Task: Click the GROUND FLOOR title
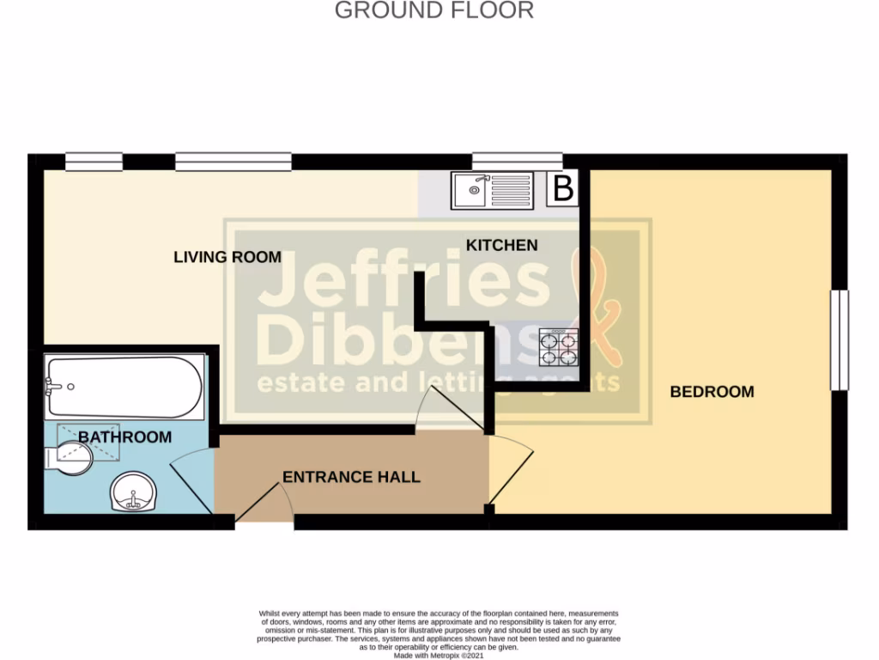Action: click(x=433, y=10)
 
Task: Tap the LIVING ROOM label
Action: click(x=227, y=257)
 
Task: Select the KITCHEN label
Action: click(x=501, y=246)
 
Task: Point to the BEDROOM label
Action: click(x=712, y=392)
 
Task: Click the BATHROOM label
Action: click(x=124, y=437)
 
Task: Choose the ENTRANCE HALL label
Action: click(x=351, y=477)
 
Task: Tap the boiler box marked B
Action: click(x=562, y=188)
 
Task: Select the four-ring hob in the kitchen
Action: click(x=558, y=348)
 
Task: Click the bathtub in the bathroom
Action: click(x=124, y=388)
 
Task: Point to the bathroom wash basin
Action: click(x=133, y=493)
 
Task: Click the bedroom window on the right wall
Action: click(x=839, y=340)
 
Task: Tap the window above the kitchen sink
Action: click(x=517, y=161)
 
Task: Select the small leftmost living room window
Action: click(x=94, y=161)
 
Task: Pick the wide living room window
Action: click(x=233, y=161)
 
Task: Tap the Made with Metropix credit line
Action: click(x=439, y=655)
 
